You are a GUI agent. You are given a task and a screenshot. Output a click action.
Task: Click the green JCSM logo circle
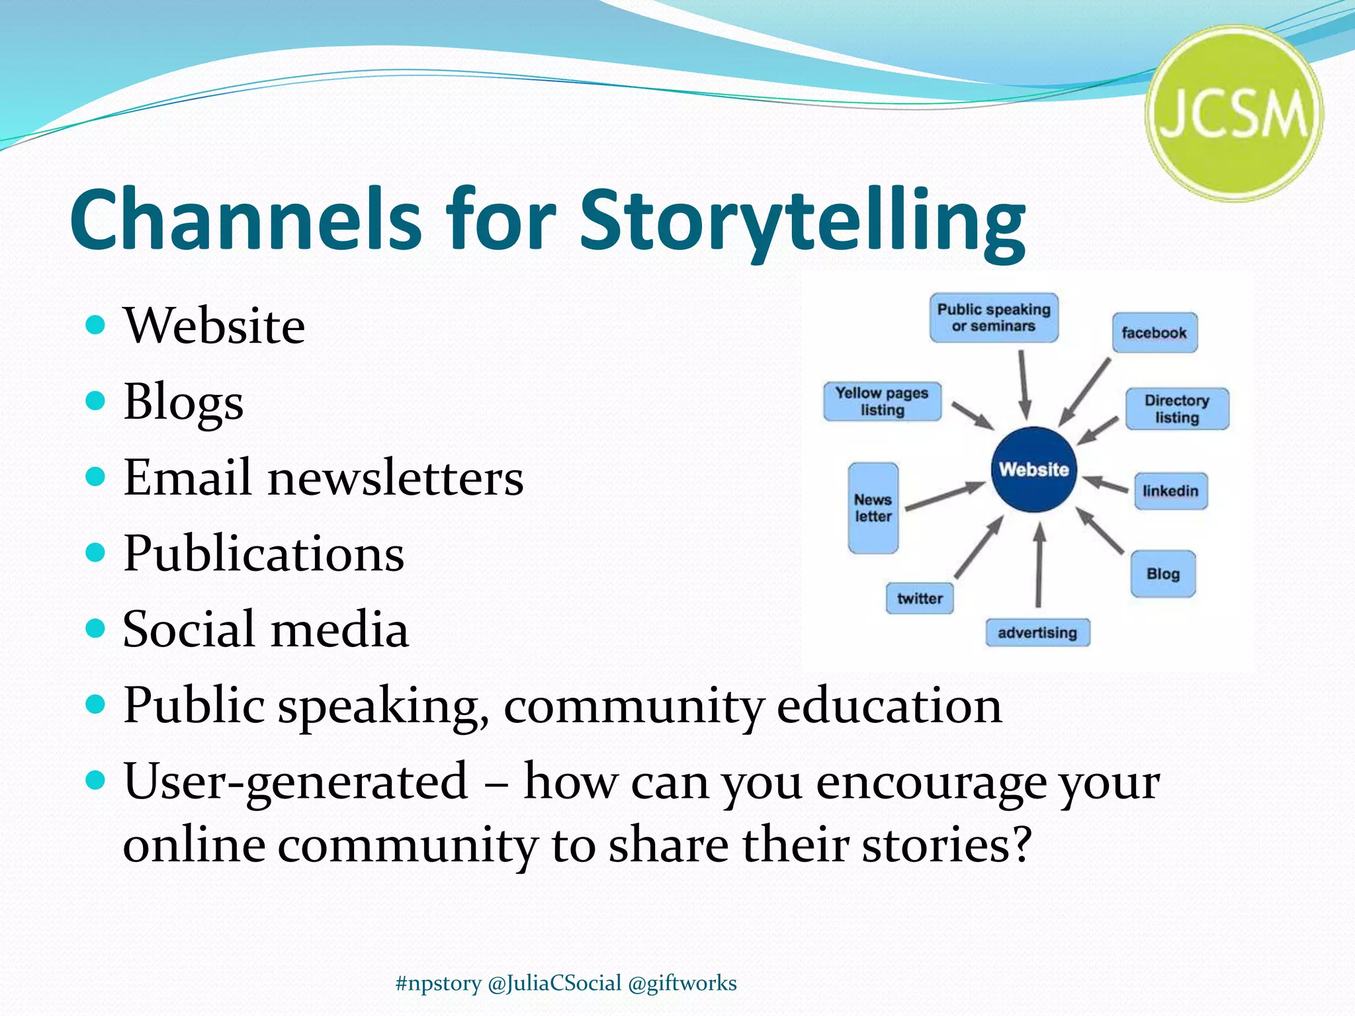click(1234, 114)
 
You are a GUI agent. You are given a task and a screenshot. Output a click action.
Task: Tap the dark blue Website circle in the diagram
click(1033, 470)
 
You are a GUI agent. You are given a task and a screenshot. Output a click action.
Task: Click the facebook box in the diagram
click(1155, 333)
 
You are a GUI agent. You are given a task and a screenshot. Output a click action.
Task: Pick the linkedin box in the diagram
click(1170, 491)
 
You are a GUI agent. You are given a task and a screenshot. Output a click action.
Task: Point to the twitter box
click(920, 599)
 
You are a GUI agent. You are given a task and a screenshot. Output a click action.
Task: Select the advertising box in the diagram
click(1037, 633)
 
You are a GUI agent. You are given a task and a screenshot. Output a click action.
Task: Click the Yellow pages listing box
click(882, 402)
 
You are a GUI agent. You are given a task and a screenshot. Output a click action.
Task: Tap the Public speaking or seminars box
click(994, 317)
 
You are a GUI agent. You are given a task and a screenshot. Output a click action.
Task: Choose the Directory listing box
click(1177, 409)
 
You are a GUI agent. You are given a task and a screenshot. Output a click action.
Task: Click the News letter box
click(873, 508)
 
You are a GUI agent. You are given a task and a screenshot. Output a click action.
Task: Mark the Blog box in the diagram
click(1163, 573)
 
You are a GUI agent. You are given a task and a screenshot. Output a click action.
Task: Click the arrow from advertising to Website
click(1039, 566)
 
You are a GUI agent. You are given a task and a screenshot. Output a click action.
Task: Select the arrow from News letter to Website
click(945, 497)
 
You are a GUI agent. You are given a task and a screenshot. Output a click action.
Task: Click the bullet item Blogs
click(183, 402)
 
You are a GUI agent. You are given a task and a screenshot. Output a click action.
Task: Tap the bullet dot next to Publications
click(96, 552)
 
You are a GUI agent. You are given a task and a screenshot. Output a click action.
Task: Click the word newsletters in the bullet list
click(395, 478)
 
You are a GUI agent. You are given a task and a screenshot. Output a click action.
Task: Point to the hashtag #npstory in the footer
click(438, 983)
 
